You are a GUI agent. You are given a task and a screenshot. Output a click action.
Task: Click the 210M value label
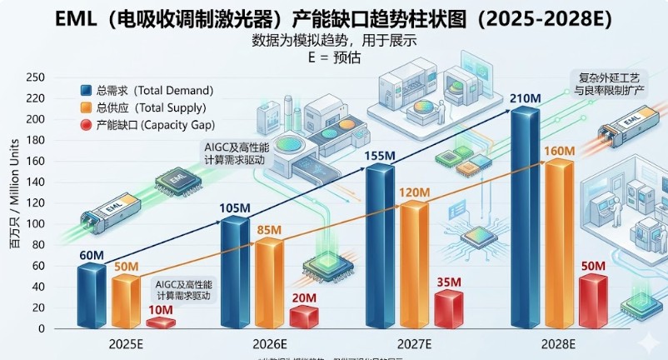tap(526, 99)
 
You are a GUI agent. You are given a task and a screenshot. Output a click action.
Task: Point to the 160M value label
tap(558, 150)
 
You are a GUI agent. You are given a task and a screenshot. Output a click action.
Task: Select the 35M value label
tap(448, 282)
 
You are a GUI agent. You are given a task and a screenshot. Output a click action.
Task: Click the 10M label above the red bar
tap(160, 311)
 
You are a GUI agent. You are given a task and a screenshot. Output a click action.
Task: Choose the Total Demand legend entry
tap(154, 90)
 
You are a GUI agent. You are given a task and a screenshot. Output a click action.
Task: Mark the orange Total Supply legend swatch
tap(86, 108)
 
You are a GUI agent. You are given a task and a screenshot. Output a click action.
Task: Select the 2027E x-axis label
tap(414, 344)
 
